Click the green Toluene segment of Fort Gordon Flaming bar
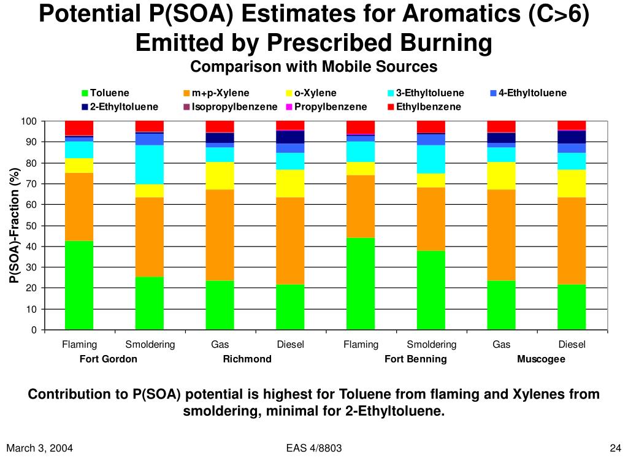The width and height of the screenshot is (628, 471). coord(79,285)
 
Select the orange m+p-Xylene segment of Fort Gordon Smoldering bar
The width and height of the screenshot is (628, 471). coord(150,237)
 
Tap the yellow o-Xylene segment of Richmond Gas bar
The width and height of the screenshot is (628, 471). coord(220,176)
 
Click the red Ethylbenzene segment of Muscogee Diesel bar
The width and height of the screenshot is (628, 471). coord(572,125)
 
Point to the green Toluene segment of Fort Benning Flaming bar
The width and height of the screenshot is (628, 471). coord(361,283)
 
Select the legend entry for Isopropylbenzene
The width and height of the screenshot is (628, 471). coord(230,107)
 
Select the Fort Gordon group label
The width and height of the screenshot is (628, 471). coord(109,359)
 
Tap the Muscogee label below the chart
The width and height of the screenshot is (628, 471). coord(541,359)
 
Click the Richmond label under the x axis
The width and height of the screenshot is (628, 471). coord(247,359)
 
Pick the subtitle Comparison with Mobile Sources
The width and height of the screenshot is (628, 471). coord(313,66)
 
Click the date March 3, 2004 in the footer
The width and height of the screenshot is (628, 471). coord(40,448)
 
